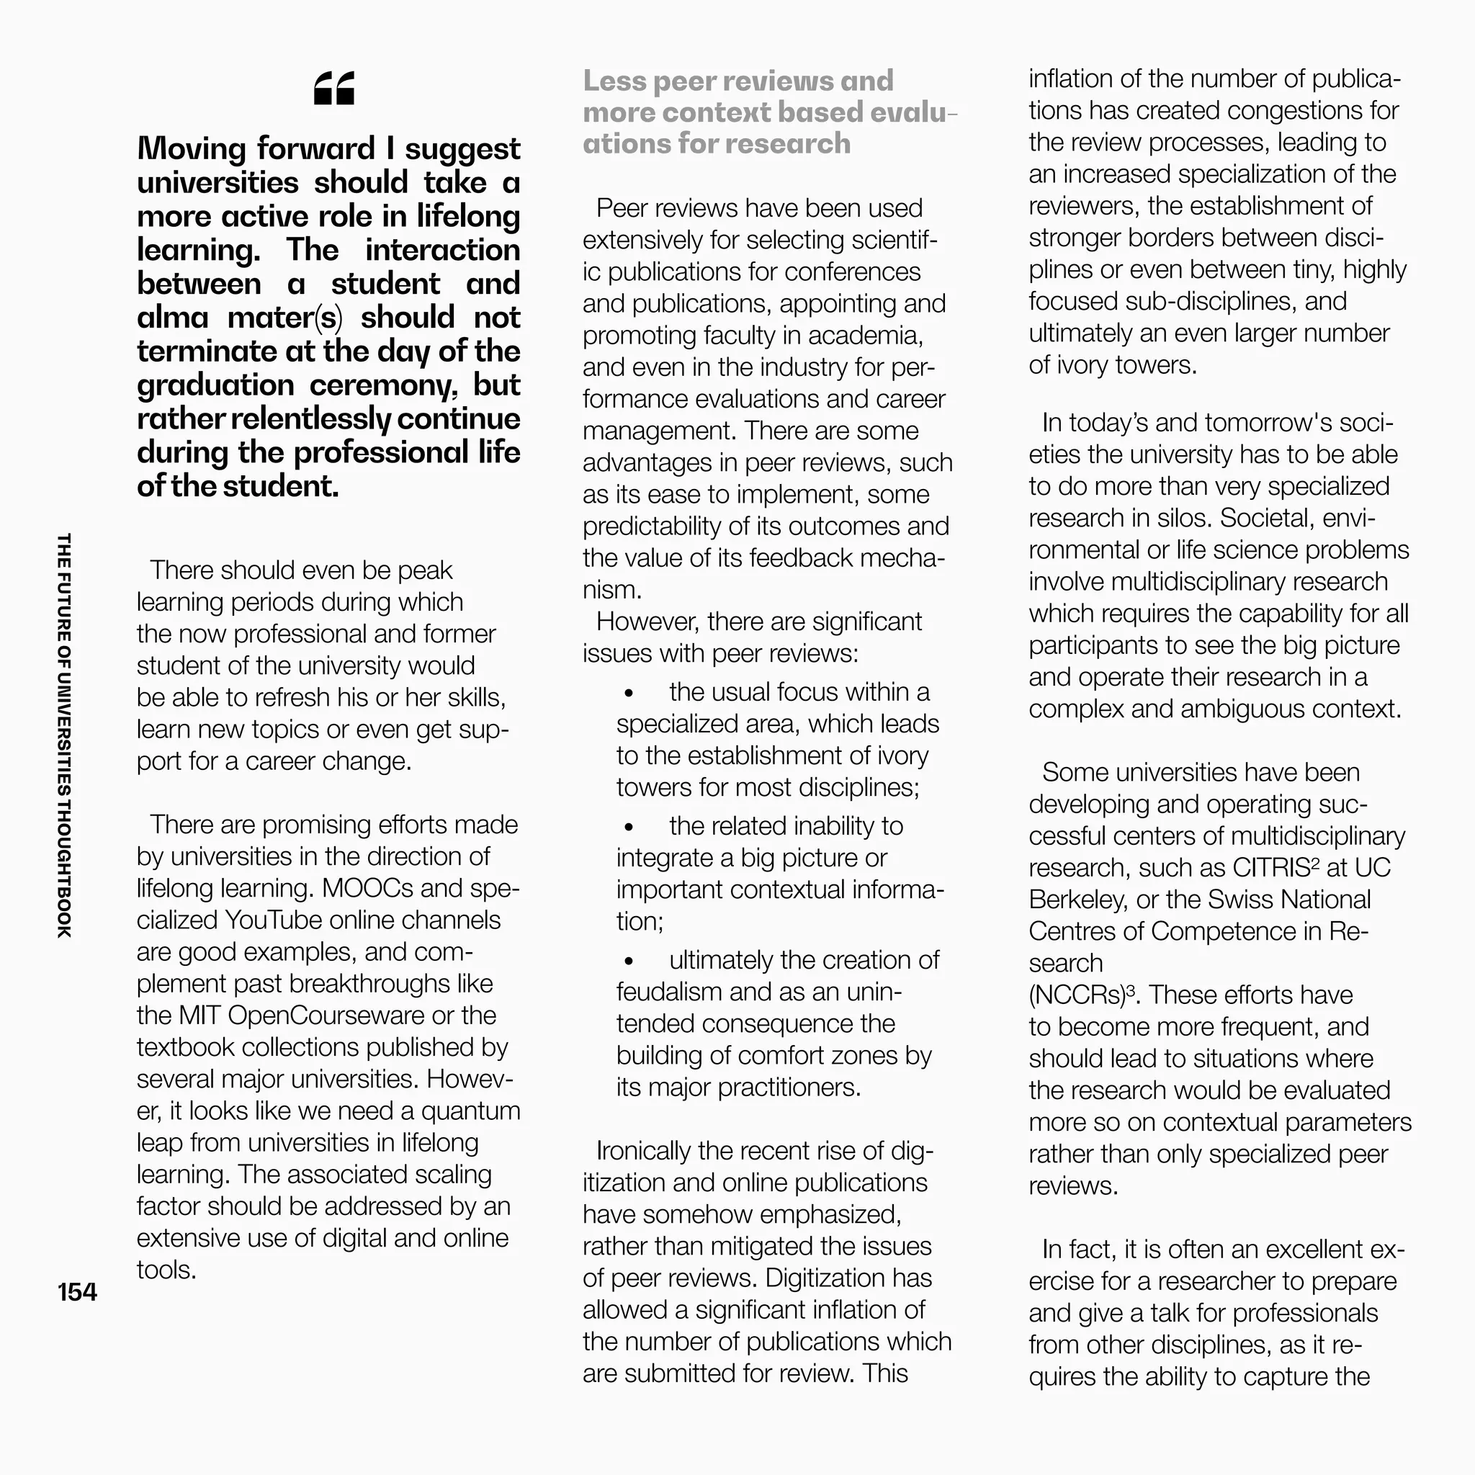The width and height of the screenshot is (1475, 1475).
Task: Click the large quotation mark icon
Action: click(x=333, y=89)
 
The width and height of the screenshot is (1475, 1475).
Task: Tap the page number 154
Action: click(x=77, y=1292)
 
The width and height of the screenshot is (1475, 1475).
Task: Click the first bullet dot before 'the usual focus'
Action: click(x=629, y=694)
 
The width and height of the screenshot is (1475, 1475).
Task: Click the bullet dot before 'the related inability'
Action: click(x=629, y=827)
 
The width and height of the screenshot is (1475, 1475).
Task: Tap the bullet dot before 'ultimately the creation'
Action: click(x=629, y=961)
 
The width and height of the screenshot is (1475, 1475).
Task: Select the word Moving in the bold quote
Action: click(x=192, y=149)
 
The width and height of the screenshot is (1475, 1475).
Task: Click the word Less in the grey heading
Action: click(x=614, y=81)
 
